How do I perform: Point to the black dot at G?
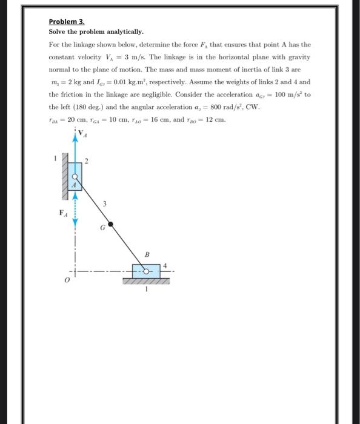pos(111,224)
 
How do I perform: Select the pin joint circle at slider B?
pos(146,271)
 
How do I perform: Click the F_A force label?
pos(62,213)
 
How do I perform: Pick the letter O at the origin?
pos(68,282)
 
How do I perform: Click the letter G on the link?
pos(103,228)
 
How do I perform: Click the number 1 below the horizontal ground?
pos(145,290)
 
